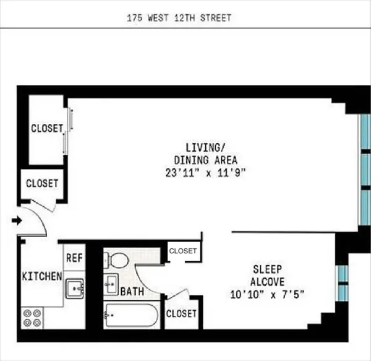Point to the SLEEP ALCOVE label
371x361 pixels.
(267, 275)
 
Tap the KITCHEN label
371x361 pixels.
(42, 276)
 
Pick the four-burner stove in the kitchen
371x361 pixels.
(32, 318)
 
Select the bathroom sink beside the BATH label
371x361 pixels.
(111, 285)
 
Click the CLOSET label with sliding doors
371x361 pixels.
(47, 129)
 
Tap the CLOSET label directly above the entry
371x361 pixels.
(42, 184)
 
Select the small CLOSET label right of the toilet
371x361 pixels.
(182, 251)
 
